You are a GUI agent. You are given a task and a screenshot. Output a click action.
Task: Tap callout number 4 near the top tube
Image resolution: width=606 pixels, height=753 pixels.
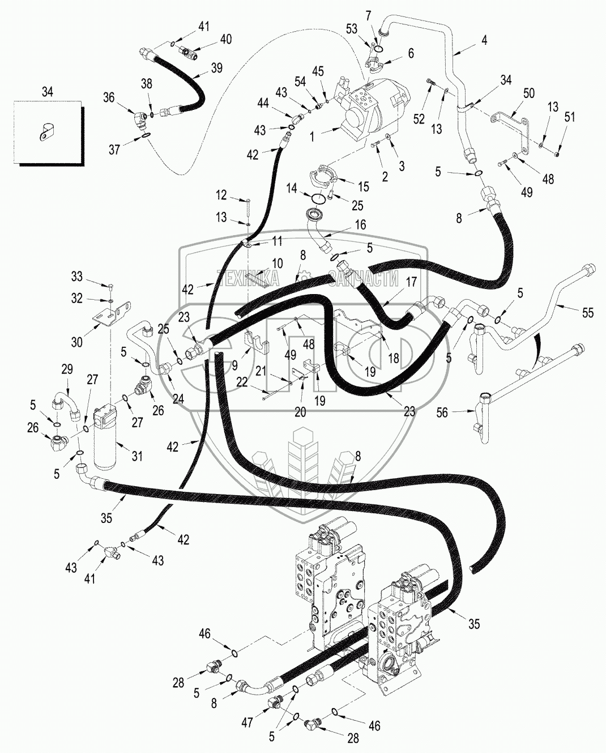click(x=484, y=41)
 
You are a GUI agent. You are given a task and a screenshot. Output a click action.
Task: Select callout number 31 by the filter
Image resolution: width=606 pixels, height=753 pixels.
click(x=137, y=456)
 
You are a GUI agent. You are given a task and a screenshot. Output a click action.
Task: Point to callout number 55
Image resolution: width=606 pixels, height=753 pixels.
click(x=588, y=312)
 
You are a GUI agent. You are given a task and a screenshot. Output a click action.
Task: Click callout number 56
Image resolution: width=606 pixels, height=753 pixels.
click(x=442, y=412)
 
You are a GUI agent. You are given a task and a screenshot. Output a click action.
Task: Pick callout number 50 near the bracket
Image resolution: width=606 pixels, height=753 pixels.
click(x=528, y=93)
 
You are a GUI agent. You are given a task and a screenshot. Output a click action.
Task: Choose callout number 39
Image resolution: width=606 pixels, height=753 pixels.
click(x=217, y=67)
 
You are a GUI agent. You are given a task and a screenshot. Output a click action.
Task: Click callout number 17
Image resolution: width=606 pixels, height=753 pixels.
click(x=411, y=282)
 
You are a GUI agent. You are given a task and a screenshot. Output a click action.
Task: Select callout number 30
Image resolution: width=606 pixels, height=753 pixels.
click(x=77, y=342)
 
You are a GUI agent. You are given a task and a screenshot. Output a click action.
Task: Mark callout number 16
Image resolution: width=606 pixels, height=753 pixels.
click(x=360, y=224)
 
